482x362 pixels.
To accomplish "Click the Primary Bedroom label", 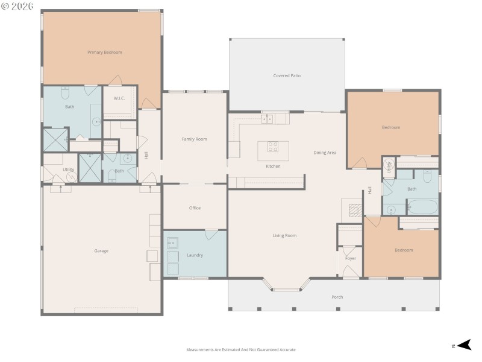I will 104,52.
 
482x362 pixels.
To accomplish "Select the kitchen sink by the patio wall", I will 268,118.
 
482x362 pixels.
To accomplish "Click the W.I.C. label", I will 119,98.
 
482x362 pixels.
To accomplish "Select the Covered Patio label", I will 287,75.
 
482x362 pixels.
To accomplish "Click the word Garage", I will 101,250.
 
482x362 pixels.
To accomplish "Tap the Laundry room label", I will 195,255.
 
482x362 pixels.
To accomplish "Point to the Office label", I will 195,208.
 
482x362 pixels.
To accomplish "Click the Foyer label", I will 351,258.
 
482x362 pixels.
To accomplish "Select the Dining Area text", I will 325,153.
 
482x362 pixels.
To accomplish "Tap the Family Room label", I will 194,139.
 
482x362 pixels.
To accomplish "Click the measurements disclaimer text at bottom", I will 241,349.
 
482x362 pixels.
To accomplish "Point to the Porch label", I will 337,297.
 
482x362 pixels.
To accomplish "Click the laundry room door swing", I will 211,235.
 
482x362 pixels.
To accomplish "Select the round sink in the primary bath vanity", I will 96,121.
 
